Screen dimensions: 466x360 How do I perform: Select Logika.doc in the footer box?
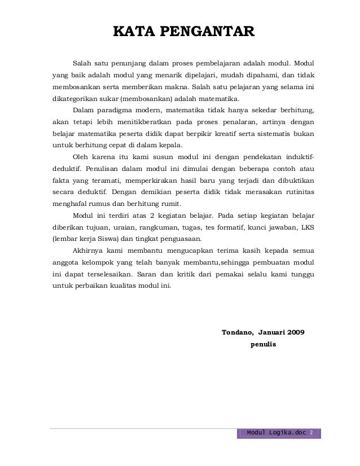[286, 433]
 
